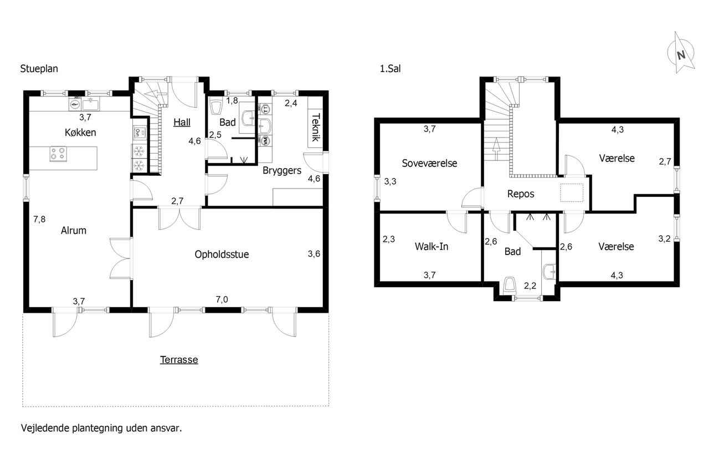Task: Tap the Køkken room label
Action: coord(80,133)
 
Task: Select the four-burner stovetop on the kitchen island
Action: coord(58,154)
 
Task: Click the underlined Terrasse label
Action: coord(179,360)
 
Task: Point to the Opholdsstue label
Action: coord(222,255)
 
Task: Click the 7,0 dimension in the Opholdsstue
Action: coord(222,299)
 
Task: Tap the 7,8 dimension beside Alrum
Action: coord(39,219)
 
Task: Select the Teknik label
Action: coord(316,127)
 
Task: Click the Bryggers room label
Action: coord(282,171)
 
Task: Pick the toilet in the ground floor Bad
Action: coord(217,107)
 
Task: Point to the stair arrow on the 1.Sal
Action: coord(496,149)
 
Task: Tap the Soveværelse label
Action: coord(429,163)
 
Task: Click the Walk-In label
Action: coord(431,246)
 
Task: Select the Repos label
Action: coord(521,194)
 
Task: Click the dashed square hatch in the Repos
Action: coord(572,192)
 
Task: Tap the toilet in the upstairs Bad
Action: coord(510,286)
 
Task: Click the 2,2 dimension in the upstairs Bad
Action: coord(530,286)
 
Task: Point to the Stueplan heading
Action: coord(39,69)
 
